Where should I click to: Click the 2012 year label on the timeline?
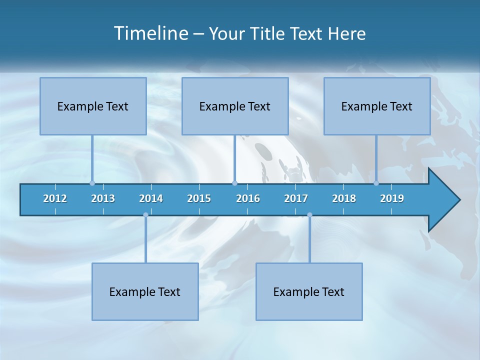tap(55, 198)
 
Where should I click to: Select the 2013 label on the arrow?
tap(103, 198)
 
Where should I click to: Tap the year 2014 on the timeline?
tap(151, 198)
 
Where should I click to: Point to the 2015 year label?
tap(199, 198)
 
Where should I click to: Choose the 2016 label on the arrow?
tap(248, 198)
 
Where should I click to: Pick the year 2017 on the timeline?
tap(296, 198)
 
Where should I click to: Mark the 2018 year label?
tap(344, 198)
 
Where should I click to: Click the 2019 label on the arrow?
tap(392, 198)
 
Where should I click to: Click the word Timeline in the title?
tap(150, 33)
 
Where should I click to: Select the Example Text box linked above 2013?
tap(93, 106)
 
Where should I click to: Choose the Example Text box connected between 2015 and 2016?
tap(235, 106)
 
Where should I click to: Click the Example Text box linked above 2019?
tap(377, 106)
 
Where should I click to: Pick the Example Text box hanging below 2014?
tap(145, 291)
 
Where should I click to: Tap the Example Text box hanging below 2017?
tap(309, 291)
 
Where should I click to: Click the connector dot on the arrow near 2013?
tap(92, 183)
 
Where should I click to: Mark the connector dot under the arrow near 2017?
tap(309, 215)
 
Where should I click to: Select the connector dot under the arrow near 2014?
tap(145, 215)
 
